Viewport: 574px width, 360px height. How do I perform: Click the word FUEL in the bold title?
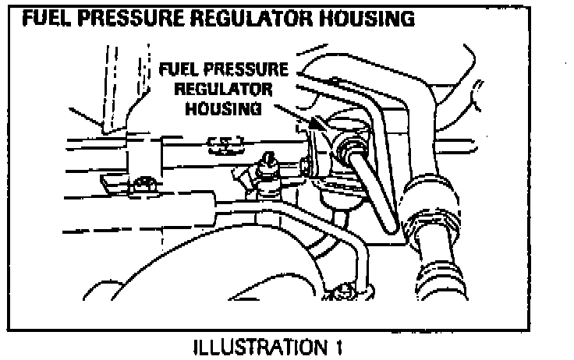pos(48,17)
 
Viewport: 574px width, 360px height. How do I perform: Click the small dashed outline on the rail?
pos(225,143)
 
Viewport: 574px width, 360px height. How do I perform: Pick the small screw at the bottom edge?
pos(343,292)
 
